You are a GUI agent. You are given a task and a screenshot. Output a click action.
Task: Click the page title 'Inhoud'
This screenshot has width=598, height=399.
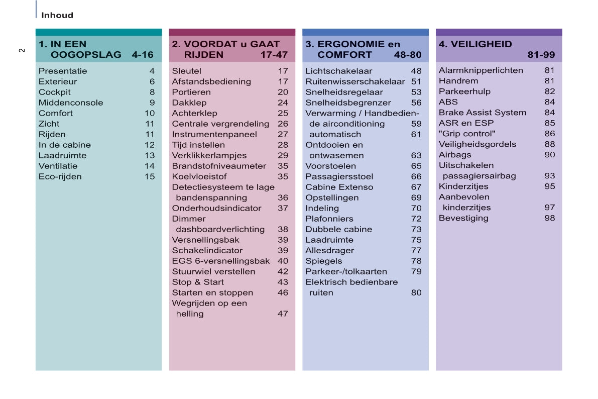(57, 15)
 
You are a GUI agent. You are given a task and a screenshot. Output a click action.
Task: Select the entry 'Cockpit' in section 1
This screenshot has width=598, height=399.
(55, 92)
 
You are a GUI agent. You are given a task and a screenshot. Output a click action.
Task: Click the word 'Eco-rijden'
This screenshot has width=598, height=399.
(60, 176)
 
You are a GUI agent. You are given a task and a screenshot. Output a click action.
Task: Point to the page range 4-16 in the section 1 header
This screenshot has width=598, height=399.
(143, 55)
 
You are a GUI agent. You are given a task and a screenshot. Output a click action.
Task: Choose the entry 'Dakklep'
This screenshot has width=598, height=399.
(189, 103)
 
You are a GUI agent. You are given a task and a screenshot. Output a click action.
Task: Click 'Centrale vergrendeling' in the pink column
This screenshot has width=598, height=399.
(220, 124)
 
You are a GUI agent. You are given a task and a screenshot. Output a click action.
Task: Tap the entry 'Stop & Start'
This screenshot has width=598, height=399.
(198, 282)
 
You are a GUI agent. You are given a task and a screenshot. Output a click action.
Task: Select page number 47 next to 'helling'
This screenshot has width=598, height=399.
(283, 314)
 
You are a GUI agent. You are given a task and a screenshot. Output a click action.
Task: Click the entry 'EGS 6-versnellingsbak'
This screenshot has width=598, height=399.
(221, 261)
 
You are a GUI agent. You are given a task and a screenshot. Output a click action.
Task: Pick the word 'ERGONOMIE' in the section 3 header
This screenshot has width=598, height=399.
(351, 44)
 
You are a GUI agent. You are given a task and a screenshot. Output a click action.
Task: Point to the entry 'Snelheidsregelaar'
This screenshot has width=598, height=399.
(344, 92)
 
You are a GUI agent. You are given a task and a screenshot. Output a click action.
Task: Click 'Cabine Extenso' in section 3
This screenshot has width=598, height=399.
(339, 187)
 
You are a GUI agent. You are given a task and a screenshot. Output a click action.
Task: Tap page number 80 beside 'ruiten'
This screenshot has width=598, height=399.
(416, 292)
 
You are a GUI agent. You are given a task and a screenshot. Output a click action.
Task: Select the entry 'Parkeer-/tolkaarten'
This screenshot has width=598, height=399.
(346, 271)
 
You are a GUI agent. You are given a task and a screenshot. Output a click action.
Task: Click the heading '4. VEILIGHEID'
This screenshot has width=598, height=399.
(475, 44)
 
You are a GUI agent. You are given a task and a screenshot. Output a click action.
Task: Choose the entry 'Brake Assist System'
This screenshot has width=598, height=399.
(483, 113)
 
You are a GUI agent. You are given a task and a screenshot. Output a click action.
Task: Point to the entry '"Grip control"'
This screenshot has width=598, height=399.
(467, 134)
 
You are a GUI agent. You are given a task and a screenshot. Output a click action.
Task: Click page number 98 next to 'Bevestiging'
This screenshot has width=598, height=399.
(550, 218)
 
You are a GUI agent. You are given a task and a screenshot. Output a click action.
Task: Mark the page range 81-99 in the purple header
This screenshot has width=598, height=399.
(541, 55)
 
